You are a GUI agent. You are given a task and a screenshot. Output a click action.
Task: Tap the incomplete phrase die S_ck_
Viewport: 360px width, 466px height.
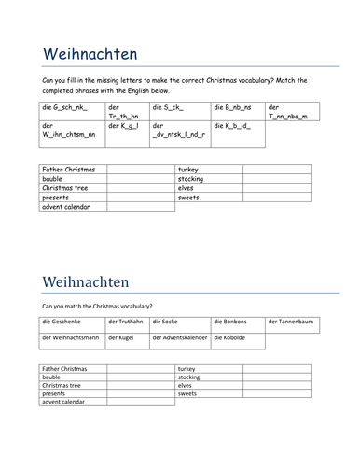[167, 108]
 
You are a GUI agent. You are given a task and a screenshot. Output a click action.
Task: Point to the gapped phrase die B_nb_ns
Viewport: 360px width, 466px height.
[231, 108]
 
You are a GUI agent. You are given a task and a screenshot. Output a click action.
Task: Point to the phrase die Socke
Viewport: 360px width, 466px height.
[164, 322]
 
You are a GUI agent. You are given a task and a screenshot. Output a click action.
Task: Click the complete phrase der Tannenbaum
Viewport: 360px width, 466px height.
[290, 322]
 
